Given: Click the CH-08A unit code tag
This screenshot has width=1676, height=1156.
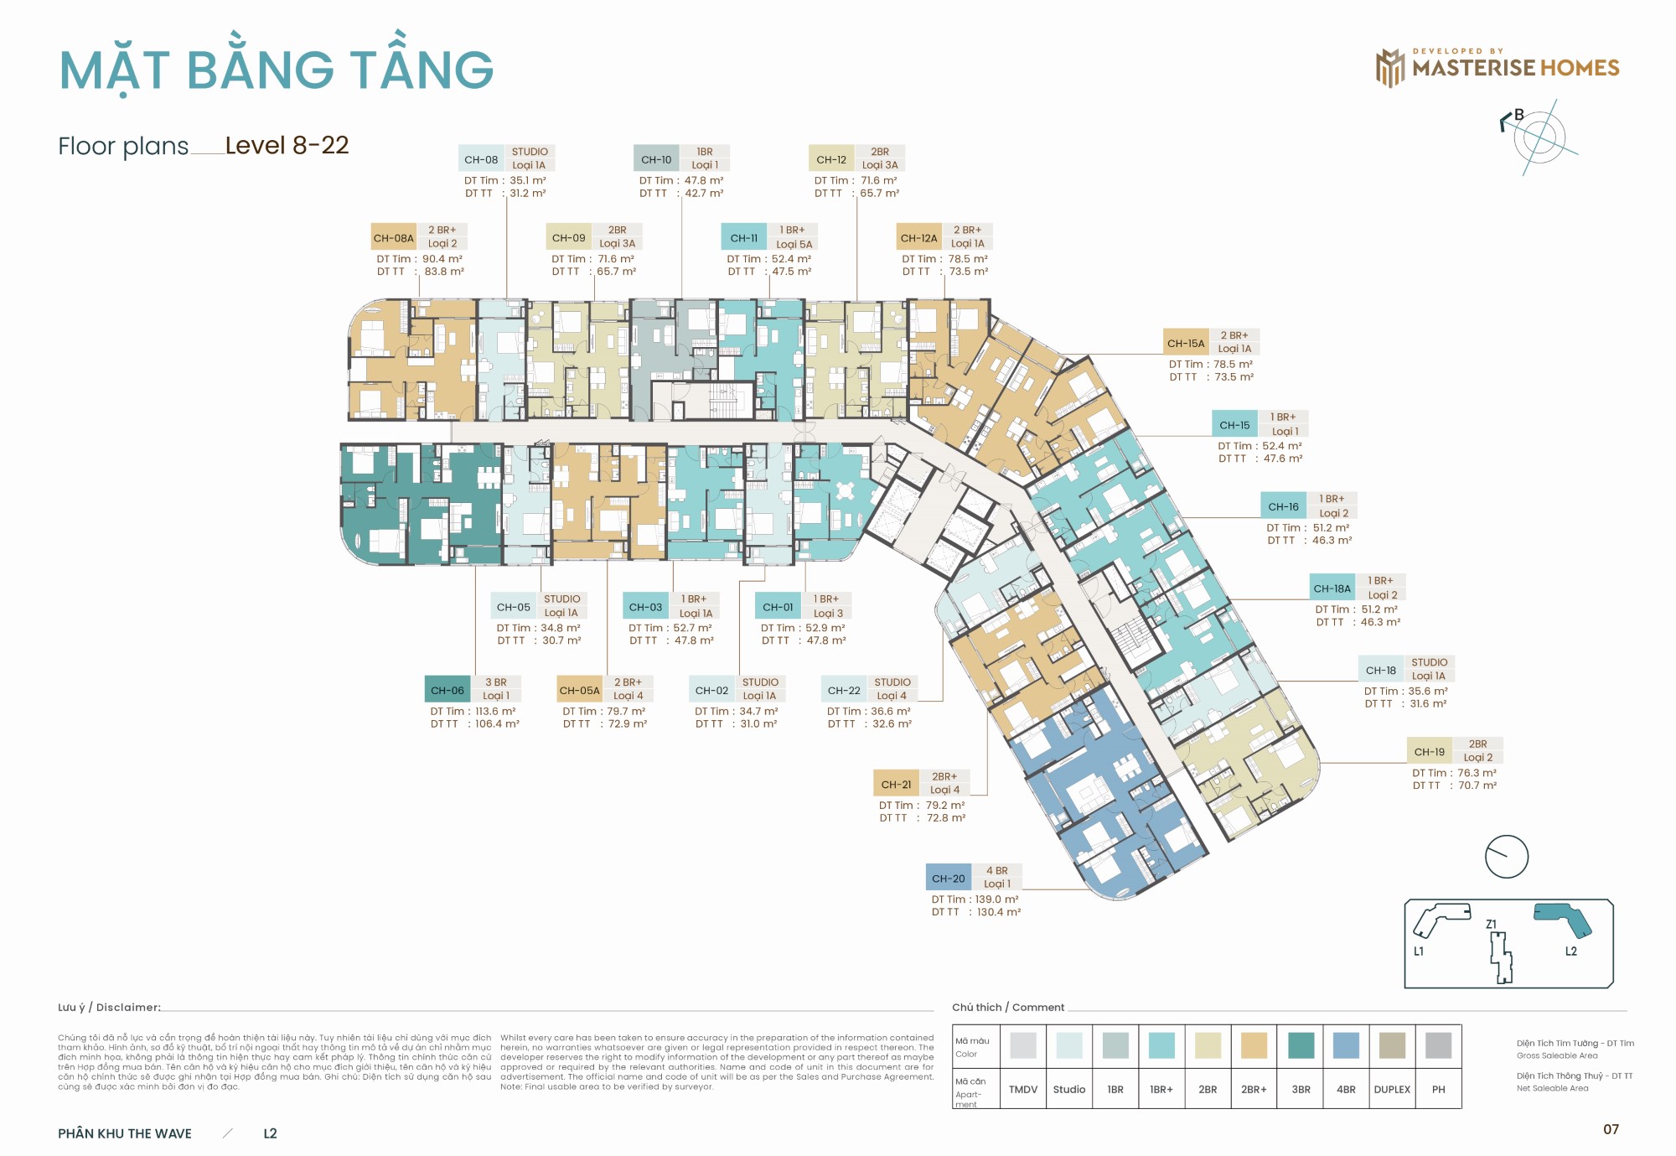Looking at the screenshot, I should point(394,238).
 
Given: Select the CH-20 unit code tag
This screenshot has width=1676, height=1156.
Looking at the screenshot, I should point(948,879).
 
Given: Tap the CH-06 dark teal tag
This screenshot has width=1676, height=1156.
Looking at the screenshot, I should point(447,690).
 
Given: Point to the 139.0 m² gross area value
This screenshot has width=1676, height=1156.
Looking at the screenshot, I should point(997,899).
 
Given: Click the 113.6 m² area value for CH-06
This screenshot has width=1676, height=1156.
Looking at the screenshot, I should point(495,712).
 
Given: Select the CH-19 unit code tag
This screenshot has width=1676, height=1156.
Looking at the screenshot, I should point(1429,752).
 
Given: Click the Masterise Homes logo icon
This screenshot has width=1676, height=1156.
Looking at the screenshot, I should point(1389,68).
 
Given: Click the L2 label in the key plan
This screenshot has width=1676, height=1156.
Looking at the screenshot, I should point(1571,951).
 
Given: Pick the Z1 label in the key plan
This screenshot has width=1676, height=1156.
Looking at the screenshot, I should point(1492,925).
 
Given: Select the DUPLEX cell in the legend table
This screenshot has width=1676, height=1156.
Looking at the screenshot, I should point(1392,1090).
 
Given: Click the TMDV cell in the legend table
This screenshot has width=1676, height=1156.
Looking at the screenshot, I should point(1022,1090).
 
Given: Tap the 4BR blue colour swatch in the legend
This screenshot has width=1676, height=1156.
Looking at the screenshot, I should point(1346,1045).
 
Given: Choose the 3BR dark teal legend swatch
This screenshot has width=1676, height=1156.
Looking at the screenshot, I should point(1301,1045).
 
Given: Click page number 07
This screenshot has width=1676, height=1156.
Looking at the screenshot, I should point(1611,1130).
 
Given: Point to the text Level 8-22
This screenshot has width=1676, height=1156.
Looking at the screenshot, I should point(287,146).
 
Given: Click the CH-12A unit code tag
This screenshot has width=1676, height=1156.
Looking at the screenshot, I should point(918,238).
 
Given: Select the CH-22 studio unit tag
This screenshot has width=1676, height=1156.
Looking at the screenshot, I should point(844,691).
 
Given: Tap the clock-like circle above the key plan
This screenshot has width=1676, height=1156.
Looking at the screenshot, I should point(1506,857).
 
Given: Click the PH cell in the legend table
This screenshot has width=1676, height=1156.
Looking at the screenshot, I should point(1438,1090).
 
